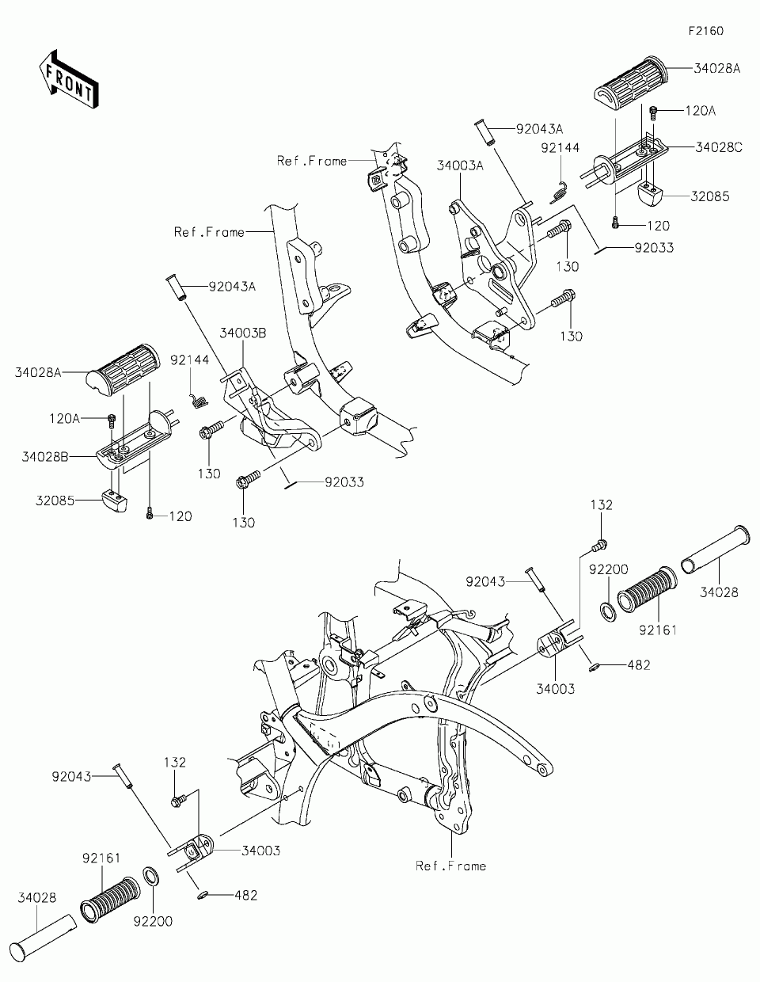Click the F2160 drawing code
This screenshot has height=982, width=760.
pos(705,31)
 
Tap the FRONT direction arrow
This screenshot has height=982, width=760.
pos(68,78)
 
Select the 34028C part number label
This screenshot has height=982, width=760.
pos(718,147)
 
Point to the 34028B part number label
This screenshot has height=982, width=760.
pos(46,456)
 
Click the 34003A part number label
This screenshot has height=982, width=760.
pos(460,166)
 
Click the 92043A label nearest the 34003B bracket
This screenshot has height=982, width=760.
pos(233,287)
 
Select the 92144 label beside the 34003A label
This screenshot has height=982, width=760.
pos(560,147)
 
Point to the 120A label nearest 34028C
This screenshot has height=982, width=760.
pos(699,112)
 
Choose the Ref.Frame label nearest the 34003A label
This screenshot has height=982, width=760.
pos(312,161)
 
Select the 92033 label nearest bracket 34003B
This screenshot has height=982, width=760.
pos(343,481)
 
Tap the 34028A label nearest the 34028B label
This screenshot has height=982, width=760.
pos(37,371)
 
